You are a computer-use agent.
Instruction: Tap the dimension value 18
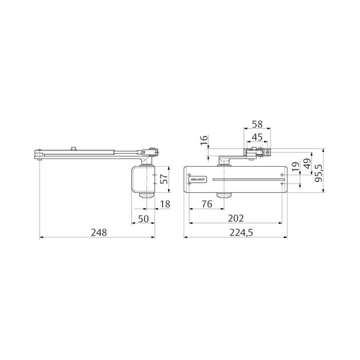(165, 204)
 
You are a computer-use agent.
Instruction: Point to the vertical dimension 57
(164, 179)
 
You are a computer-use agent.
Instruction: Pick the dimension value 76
(206, 204)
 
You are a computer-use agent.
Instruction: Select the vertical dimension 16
(203, 140)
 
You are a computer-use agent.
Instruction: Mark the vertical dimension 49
(307, 165)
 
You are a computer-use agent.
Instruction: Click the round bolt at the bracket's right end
(266, 152)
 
